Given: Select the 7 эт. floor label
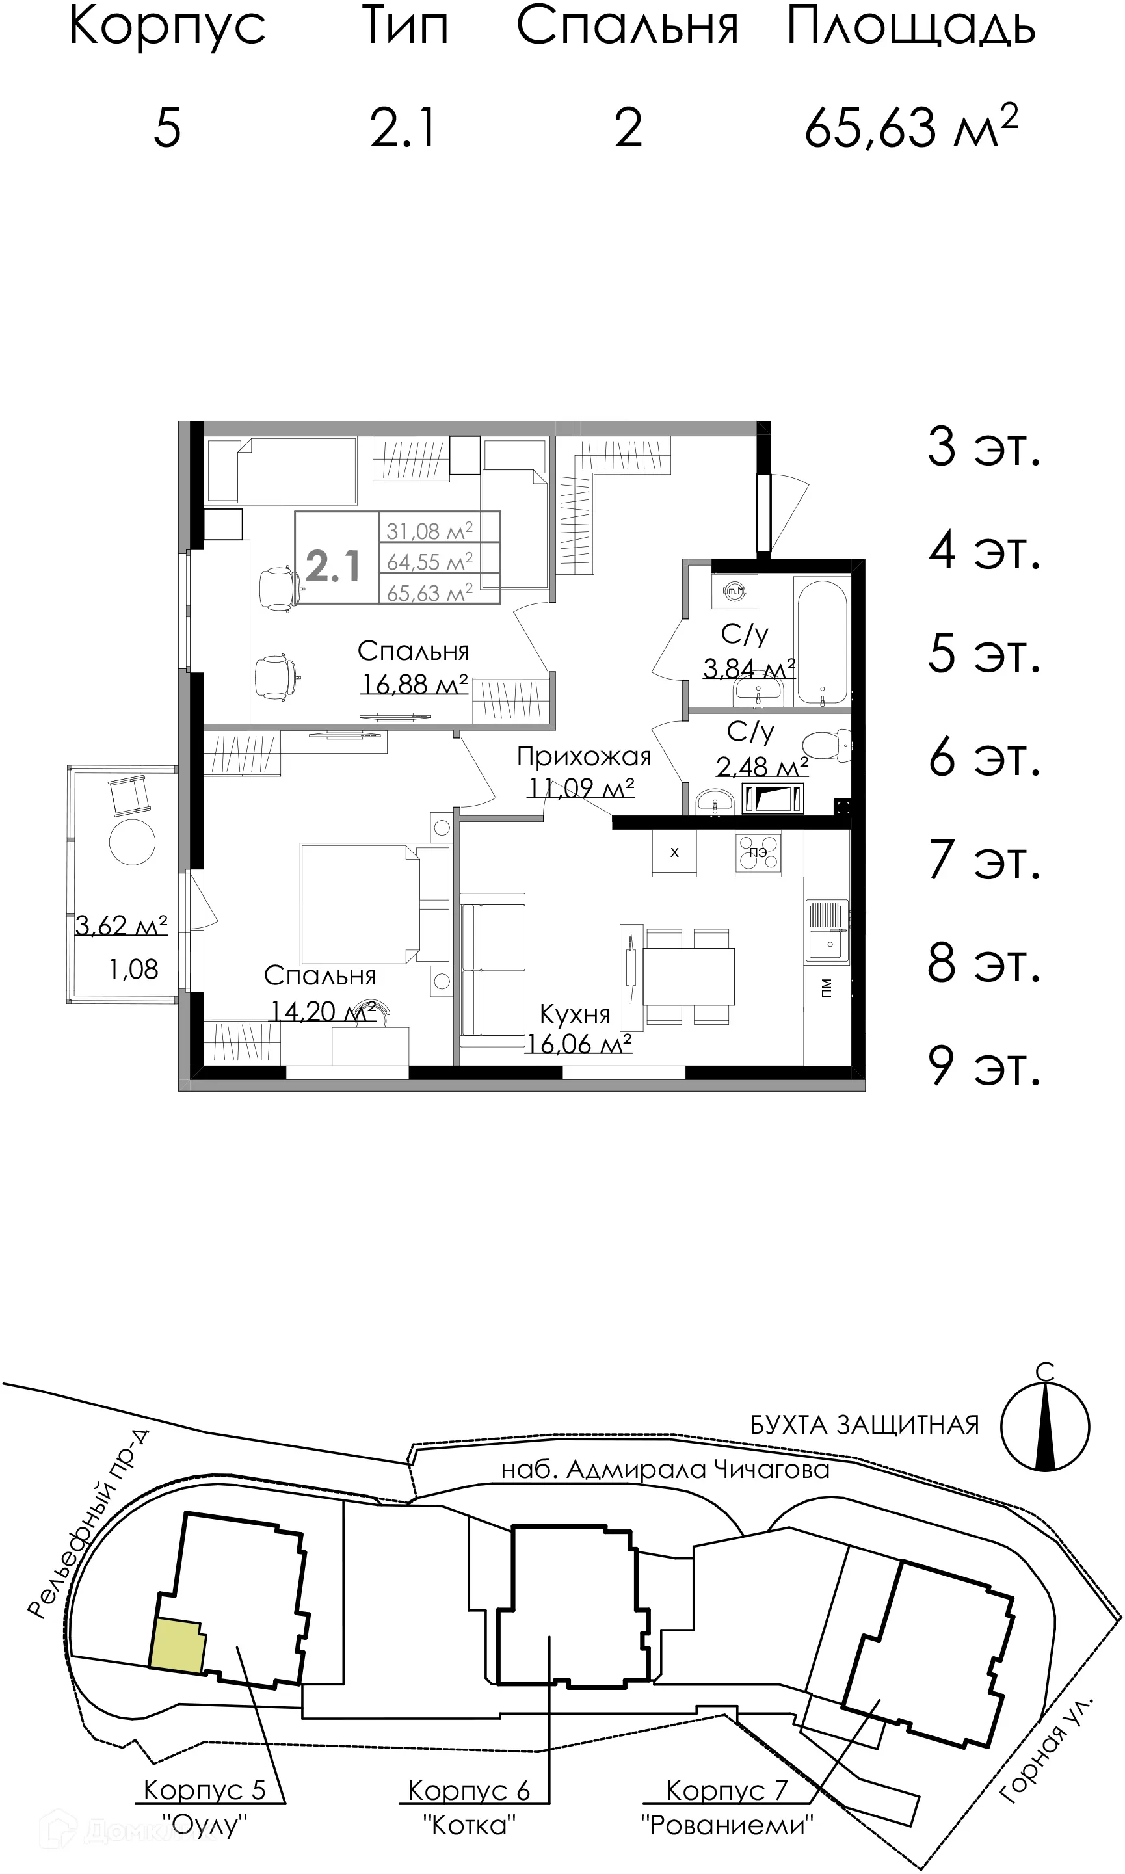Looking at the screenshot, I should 984,860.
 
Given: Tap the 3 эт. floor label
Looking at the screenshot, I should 984,447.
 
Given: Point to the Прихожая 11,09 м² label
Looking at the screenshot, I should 583,771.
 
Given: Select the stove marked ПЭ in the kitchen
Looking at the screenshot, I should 758,852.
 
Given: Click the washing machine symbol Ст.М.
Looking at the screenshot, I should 734,590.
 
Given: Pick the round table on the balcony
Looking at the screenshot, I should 132,841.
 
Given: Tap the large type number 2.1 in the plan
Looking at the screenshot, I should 334,566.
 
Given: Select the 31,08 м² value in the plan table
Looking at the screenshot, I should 429,531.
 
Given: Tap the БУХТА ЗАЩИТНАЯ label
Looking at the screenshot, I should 864,1425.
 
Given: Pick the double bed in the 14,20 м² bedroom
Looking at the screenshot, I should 360,904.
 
